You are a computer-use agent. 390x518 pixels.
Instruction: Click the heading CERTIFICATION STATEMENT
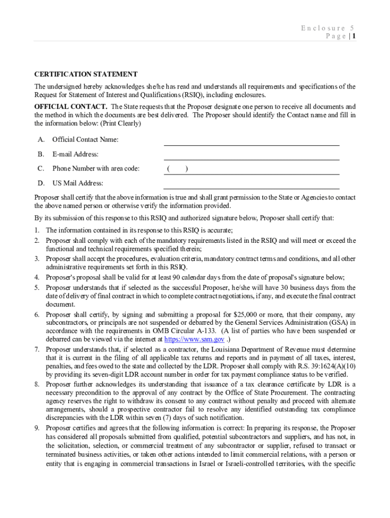coord(86,74)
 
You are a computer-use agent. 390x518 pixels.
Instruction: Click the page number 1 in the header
coord(354,36)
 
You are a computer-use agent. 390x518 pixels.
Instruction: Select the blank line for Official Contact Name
coord(251,141)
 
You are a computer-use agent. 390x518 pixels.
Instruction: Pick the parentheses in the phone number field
coord(178,169)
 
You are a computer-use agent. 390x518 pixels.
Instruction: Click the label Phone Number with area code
coord(96,169)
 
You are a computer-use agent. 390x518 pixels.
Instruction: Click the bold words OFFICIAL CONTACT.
coord(70,107)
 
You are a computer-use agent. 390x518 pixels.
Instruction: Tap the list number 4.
coord(37,277)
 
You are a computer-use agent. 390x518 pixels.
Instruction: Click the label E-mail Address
coord(75,154)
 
